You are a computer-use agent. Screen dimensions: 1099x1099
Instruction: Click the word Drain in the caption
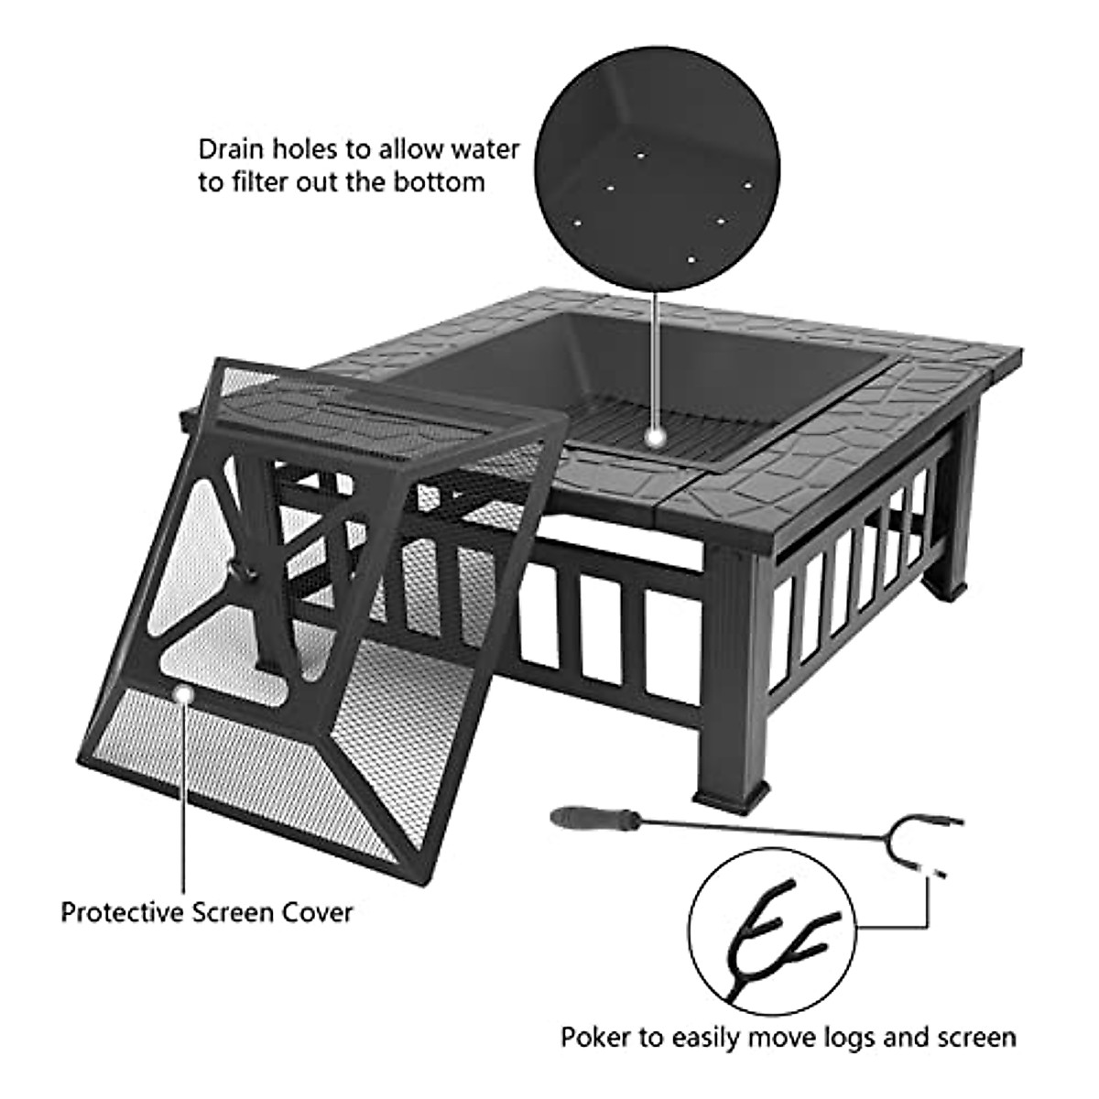(x=229, y=149)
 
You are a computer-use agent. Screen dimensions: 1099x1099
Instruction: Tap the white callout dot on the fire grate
(x=656, y=438)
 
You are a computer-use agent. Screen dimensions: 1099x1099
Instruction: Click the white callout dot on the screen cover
(x=184, y=696)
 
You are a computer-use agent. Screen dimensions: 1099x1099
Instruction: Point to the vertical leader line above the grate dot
(x=656, y=357)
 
